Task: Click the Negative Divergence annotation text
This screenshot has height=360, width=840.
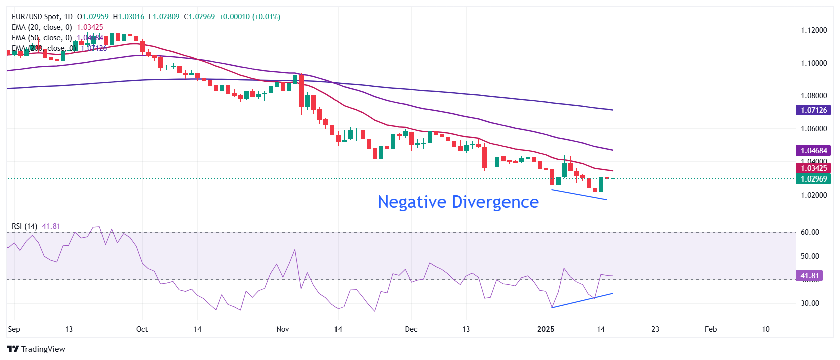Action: tap(458, 202)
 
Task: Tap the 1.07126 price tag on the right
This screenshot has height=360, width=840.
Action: tap(813, 110)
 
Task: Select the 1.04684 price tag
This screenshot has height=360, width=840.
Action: tap(813, 151)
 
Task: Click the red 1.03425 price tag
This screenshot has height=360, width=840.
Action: tap(813, 168)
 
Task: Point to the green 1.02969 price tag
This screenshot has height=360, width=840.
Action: tap(813, 179)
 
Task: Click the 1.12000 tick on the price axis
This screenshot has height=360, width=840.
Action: tap(813, 30)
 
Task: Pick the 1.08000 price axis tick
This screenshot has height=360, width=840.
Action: tap(813, 96)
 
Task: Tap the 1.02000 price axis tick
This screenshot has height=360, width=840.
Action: tap(813, 195)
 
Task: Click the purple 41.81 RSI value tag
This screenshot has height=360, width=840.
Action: tap(809, 276)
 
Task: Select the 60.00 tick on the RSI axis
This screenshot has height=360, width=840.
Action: tap(810, 232)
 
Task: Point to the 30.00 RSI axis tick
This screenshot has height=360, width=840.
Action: tap(810, 303)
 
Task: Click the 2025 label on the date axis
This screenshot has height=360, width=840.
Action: tap(546, 329)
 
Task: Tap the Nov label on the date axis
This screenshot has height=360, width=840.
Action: tap(283, 329)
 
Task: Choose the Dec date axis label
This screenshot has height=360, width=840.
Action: tap(411, 329)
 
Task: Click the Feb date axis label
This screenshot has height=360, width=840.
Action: tap(711, 329)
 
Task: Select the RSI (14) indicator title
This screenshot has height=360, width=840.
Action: tap(24, 226)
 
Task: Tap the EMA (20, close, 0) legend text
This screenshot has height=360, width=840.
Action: tap(42, 27)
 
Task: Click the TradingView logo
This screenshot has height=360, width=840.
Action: tap(36, 349)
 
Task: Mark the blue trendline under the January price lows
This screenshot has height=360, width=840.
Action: tap(579, 195)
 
